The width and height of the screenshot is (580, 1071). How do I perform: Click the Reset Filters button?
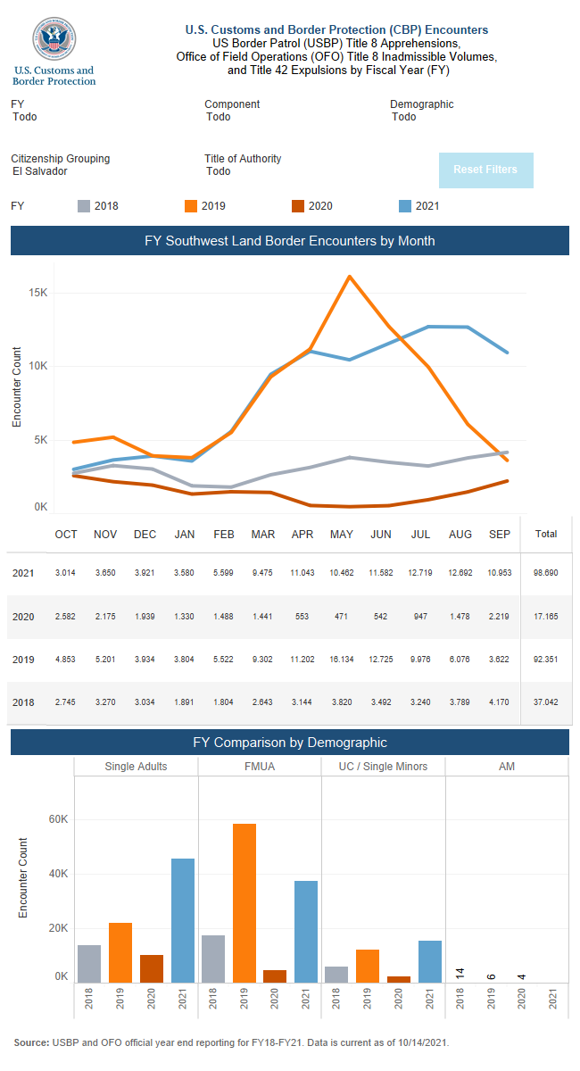coord(485,170)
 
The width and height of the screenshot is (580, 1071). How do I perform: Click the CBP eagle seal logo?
coord(54,40)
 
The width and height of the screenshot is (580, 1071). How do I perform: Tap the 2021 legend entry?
coord(418,206)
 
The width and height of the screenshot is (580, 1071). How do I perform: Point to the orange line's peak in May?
coord(348,276)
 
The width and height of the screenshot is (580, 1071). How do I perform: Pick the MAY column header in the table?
coord(342,535)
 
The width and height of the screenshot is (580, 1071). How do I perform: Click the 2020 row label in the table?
coord(23,617)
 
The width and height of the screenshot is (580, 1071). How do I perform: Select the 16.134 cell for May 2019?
coord(342,660)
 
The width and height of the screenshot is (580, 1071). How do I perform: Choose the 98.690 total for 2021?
coord(545,573)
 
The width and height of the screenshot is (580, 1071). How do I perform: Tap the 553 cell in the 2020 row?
coord(302,617)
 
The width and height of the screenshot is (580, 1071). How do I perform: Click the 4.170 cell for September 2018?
coord(500,702)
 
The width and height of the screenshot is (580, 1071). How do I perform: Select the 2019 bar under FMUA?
coord(244,901)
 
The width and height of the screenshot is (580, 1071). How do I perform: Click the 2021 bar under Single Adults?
coord(183,919)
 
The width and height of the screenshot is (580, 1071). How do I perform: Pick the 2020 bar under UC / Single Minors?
coord(399,978)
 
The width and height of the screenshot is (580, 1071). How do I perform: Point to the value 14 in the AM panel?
coord(460,974)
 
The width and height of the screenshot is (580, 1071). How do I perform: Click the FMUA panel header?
coord(260,767)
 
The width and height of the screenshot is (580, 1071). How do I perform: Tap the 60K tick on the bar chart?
coord(58,819)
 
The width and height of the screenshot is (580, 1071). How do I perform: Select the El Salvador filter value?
coord(40,171)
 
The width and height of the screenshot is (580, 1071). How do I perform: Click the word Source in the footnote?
coord(31,1042)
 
